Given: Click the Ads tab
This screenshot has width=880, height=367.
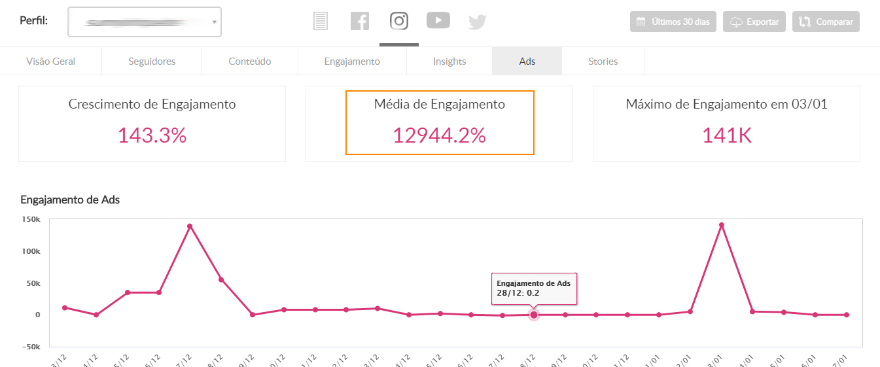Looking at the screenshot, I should click(x=527, y=61).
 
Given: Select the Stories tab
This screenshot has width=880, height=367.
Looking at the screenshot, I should click(x=603, y=61).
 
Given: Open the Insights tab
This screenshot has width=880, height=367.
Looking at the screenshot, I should click(x=449, y=61).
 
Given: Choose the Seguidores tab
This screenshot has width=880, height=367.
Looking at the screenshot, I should click(x=152, y=61).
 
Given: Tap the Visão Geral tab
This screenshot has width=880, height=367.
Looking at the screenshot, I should click(x=51, y=61).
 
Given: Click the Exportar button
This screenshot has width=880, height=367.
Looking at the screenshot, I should click(x=754, y=22).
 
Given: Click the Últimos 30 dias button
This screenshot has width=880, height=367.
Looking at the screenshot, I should click(x=673, y=22).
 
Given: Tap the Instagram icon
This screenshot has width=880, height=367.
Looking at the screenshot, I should click(x=399, y=21).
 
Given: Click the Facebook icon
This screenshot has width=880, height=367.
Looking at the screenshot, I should click(x=360, y=21).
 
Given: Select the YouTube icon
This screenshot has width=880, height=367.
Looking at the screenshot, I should click(x=438, y=20).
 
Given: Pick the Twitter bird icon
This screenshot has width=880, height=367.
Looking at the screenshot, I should click(x=478, y=22).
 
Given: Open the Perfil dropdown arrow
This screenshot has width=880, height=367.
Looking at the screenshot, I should click(x=214, y=22).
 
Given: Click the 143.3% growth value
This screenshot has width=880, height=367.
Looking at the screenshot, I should click(x=152, y=135).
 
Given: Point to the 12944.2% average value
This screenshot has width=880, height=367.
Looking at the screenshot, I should click(x=439, y=135).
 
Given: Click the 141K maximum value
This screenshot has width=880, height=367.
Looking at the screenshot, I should click(x=726, y=135).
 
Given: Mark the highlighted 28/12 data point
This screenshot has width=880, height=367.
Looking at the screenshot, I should click(x=534, y=315).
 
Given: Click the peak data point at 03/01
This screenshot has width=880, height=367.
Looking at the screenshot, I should click(x=722, y=225).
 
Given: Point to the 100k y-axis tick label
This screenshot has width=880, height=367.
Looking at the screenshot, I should click(x=31, y=251).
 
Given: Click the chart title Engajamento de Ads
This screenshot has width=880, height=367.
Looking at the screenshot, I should click(x=70, y=200).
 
